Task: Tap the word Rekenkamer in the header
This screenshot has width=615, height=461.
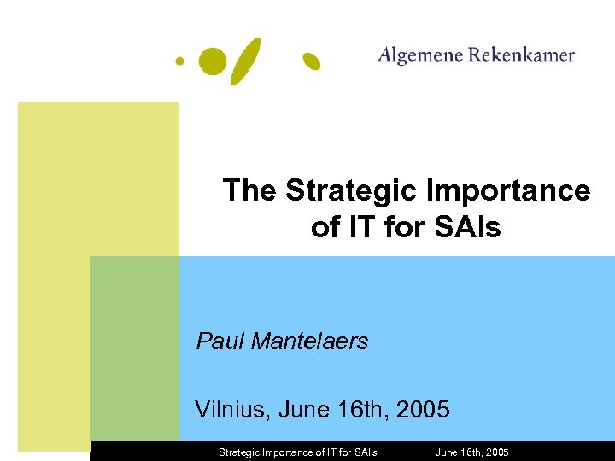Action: [522, 55]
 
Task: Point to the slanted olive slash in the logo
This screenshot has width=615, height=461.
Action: [245, 61]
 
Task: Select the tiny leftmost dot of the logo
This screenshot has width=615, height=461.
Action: [179, 61]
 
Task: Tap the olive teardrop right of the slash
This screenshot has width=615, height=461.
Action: [312, 61]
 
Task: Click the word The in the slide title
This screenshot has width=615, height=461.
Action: [250, 190]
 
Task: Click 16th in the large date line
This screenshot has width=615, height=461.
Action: [353, 409]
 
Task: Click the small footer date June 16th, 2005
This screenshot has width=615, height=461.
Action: [471, 452]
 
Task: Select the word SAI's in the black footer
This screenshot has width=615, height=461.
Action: [362, 452]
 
